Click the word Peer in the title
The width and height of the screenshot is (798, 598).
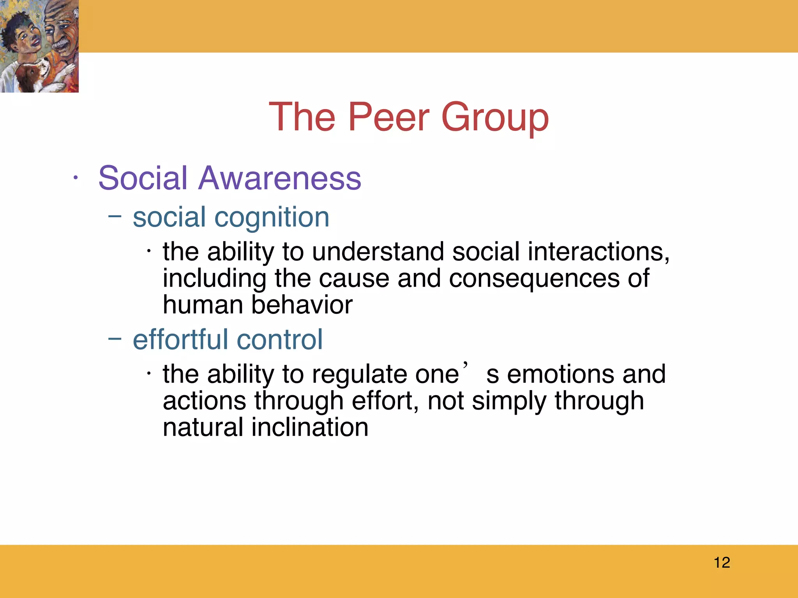pos(388,117)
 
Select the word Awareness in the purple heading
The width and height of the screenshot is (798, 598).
pos(279,178)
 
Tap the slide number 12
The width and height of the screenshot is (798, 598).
pos(722,563)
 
